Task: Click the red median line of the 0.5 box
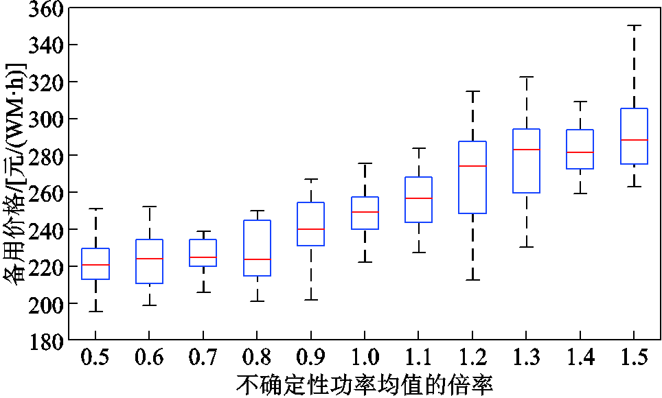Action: click(x=95, y=265)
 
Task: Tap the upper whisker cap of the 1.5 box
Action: click(x=634, y=26)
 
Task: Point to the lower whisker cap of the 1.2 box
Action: click(x=472, y=280)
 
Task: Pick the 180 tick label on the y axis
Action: click(x=43, y=340)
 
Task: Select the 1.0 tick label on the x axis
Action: click(x=364, y=358)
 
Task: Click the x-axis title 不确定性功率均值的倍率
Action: click(x=365, y=384)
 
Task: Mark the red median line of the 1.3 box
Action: click(x=526, y=150)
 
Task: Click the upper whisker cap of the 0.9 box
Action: click(x=311, y=179)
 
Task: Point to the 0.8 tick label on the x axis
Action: click(x=257, y=358)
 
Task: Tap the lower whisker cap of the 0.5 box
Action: click(x=95, y=312)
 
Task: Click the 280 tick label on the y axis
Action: click(x=43, y=156)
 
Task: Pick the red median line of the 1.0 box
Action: click(x=365, y=212)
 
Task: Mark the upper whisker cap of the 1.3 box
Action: click(x=526, y=78)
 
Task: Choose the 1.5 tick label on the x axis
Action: click(x=634, y=358)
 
